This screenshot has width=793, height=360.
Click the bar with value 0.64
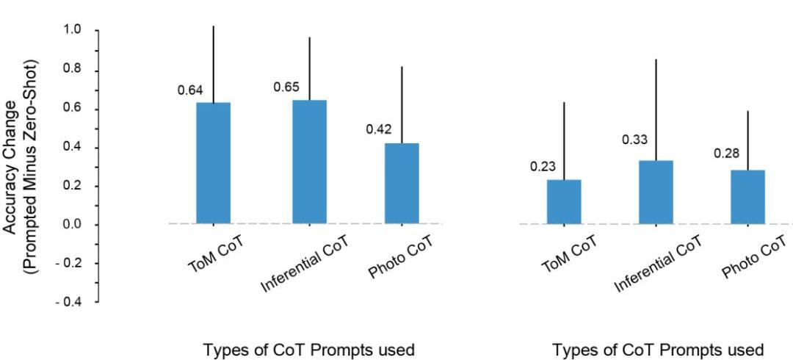[x=214, y=163]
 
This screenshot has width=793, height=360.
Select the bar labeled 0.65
[x=309, y=162]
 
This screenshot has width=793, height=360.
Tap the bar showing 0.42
[x=402, y=184]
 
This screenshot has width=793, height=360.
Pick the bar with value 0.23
[x=564, y=201]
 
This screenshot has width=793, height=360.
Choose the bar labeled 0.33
[x=656, y=192]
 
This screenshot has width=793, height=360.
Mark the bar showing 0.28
[x=747, y=197]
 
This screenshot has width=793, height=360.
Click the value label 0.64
[x=190, y=90]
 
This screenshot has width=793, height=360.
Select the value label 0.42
[x=379, y=129]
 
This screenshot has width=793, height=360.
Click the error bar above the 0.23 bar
[x=564, y=140]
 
